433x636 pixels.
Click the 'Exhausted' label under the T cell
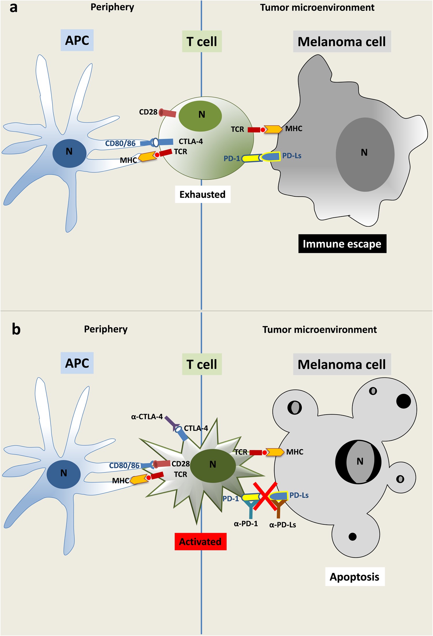202,194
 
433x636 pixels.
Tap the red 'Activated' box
200,541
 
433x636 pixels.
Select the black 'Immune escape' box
342,244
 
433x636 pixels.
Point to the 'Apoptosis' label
354,577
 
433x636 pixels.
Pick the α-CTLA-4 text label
147,417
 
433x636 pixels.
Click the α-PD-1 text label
246,524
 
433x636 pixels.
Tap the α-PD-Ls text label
283,525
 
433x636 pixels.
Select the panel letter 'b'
16,329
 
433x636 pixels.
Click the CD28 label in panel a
148,112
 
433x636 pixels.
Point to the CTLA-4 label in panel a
191,141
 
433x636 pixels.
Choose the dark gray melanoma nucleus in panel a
365,155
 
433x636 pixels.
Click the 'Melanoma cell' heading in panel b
342,364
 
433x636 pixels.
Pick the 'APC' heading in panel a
77,40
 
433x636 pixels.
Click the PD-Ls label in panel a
292,156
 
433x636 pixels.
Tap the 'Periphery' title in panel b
106,329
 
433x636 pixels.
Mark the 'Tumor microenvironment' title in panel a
317,7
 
